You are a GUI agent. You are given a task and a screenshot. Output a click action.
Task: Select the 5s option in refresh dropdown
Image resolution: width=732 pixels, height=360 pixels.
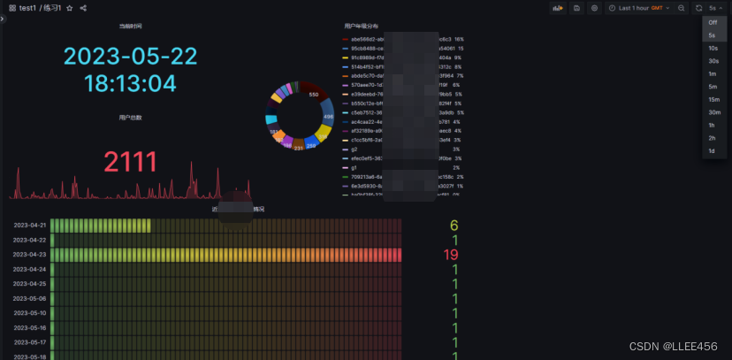pyautogui.click(x=712, y=35)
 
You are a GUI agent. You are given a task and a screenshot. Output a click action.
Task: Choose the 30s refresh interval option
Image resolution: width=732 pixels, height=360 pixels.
pyautogui.click(x=713, y=61)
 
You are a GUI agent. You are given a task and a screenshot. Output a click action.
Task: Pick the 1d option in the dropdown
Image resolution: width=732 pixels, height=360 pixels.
pyautogui.click(x=712, y=151)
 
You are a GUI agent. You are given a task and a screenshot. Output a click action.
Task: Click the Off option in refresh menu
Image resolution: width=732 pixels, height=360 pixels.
pyautogui.click(x=713, y=22)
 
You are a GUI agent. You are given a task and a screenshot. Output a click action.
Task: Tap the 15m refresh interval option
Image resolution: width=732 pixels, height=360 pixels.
pyautogui.click(x=713, y=99)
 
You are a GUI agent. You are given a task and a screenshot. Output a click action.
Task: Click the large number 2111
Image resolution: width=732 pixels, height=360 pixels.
pyautogui.click(x=130, y=162)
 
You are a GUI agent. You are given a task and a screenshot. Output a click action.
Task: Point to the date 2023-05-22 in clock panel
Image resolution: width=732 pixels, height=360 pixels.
pyautogui.click(x=130, y=57)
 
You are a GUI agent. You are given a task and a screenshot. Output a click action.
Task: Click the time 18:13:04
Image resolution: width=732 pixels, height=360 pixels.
pyautogui.click(x=130, y=84)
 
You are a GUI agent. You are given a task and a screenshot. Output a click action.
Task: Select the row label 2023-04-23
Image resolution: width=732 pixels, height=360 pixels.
pyautogui.click(x=29, y=255)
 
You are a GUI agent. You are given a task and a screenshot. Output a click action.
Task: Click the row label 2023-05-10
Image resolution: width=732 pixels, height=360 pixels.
pyautogui.click(x=29, y=312)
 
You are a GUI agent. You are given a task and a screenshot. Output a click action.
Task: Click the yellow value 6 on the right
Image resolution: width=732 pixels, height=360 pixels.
pyautogui.click(x=454, y=226)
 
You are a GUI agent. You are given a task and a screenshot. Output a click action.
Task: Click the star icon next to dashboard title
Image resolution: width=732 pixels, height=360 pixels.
pyautogui.click(x=70, y=8)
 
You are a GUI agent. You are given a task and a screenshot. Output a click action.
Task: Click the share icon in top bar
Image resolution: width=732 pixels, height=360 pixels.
pyautogui.click(x=83, y=8)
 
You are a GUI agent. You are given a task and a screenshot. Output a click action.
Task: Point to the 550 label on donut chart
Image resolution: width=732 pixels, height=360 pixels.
pyautogui.click(x=313, y=95)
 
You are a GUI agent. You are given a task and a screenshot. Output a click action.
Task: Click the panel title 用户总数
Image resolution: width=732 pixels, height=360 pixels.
pyautogui.click(x=130, y=117)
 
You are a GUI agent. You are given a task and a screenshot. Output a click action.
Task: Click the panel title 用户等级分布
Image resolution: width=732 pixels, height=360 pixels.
pyautogui.click(x=363, y=27)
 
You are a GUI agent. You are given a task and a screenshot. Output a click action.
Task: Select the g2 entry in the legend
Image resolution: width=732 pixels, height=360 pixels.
pyautogui.click(x=355, y=149)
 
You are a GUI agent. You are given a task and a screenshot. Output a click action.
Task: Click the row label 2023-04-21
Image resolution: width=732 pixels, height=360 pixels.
pyautogui.click(x=29, y=226)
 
